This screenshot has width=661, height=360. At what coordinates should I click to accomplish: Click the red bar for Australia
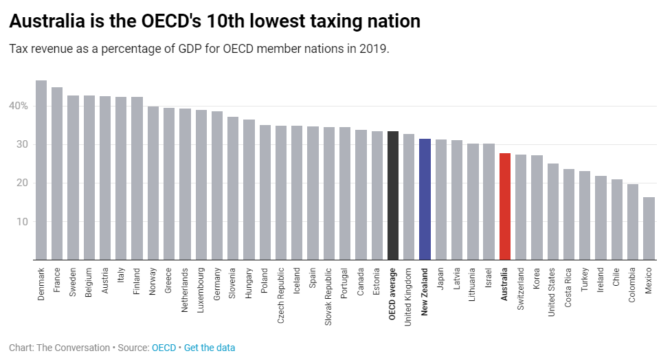click(x=505, y=206)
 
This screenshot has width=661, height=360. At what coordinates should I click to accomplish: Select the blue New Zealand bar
click(x=425, y=199)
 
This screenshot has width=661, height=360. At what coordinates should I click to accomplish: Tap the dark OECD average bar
click(x=393, y=196)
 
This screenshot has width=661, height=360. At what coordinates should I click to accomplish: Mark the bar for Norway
click(x=153, y=183)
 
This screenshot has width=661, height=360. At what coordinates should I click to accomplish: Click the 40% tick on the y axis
click(x=19, y=106)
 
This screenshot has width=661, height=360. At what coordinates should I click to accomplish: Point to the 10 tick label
click(x=22, y=221)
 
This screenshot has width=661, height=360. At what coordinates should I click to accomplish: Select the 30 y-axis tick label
click(x=22, y=144)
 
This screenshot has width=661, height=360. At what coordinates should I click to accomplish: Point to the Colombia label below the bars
click(x=633, y=287)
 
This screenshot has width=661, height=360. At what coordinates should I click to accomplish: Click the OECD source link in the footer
click(x=164, y=348)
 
